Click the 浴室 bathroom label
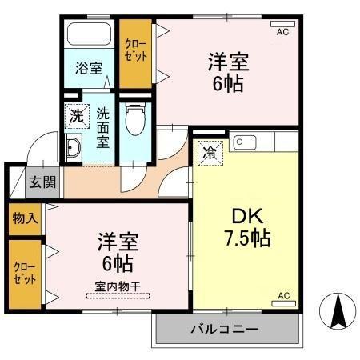[x=89, y=68]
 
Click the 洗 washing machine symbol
[x=76, y=115]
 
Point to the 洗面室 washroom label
[x=103, y=128]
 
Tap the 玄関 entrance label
[x=43, y=182]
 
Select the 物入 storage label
[x=24, y=218]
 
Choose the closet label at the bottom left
[x=22, y=274]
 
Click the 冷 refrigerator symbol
[x=209, y=149]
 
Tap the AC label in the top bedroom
[x=282, y=33]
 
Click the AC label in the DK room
[x=283, y=296]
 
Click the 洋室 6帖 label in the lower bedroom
[x=117, y=251]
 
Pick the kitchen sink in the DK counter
[x=246, y=144]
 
